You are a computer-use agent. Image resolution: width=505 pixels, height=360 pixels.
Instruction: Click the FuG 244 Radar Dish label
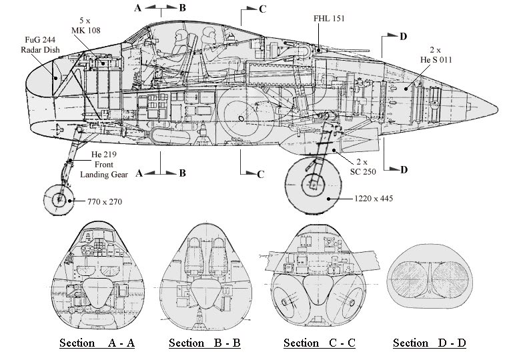click(40, 45)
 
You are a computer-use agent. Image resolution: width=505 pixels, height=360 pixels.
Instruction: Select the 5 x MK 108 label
click(85, 25)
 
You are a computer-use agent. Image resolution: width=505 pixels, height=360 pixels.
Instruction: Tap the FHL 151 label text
click(329, 19)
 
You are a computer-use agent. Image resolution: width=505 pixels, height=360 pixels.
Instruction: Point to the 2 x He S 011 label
click(436, 55)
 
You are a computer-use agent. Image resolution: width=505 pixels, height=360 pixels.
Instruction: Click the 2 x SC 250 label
click(363, 167)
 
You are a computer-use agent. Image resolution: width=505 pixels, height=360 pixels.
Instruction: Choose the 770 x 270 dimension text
click(105, 202)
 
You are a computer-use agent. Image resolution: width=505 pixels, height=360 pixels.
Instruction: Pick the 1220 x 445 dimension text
click(374, 198)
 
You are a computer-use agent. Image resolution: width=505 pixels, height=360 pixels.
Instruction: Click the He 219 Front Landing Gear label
click(104, 165)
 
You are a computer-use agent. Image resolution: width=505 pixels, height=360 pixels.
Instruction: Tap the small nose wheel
click(59, 200)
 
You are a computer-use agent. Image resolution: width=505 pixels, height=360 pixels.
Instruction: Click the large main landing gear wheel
click(313, 185)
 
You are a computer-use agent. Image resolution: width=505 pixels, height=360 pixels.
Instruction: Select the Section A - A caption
click(97, 343)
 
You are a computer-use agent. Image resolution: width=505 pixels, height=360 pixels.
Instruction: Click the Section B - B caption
click(205, 343)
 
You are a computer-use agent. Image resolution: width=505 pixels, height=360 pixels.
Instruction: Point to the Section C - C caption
click(320, 343)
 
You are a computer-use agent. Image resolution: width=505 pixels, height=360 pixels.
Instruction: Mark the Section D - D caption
click(430, 343)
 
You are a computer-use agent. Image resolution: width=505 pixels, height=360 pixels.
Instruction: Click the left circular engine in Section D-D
click(410, 279)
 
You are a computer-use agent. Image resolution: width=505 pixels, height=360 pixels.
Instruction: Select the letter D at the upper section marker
click(403, 37)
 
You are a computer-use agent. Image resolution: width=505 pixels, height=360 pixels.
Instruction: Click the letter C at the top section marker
click(262, 9)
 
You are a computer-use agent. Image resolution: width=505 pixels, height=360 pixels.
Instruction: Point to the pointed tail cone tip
click(498, 106)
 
